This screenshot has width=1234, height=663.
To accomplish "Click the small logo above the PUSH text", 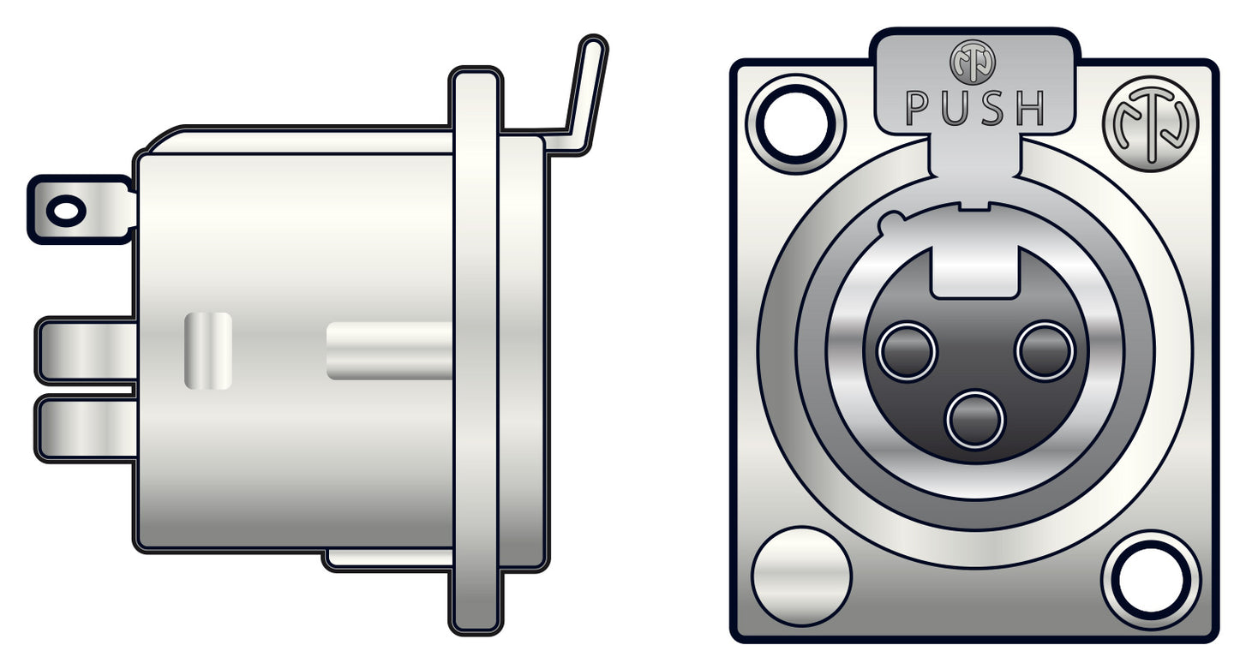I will click(973, 62).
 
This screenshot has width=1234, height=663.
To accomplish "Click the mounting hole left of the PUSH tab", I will click(795, 124).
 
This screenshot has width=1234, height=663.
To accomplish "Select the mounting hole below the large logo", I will click(1150, 580).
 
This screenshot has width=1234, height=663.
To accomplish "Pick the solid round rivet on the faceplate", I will click(801, 576).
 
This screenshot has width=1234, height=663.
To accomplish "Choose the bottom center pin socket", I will click(974, 420).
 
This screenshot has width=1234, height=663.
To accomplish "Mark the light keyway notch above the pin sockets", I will click(974, 272).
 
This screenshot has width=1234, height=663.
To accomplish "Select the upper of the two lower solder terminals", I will click(86, 350).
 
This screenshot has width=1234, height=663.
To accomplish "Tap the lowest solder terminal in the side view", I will click(86, 429).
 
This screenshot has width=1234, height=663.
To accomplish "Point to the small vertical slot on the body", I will click(208, 350).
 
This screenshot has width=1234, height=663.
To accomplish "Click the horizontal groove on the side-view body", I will click(390, 351).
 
